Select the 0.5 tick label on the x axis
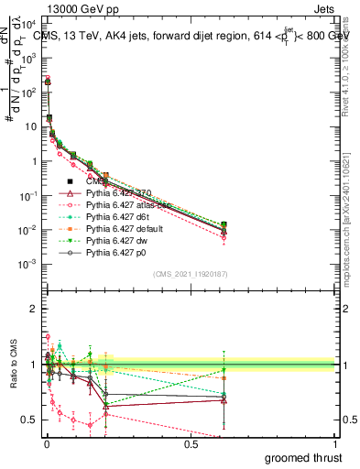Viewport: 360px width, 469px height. [191, 442]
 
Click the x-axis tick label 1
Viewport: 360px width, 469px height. [335, 442]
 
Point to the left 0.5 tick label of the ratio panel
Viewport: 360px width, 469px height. [28, 420]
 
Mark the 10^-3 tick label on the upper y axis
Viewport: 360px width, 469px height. [26, 263]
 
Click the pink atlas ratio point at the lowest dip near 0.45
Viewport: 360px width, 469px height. [90, 425]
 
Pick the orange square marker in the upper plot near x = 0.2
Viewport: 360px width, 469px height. [105, 175]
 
